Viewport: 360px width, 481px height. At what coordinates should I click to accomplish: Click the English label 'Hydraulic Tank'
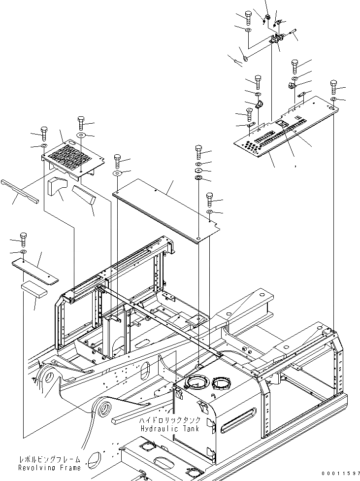[x=170, y=429]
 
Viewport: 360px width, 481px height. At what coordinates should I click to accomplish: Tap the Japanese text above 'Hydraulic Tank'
[x=170, y=420]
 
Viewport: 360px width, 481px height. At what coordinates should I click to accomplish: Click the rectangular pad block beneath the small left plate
[x=34, y=289]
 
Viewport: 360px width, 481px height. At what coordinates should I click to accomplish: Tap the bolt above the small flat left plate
[x=23, y=239]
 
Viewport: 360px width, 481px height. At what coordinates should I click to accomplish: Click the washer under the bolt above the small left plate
[x=23, y=252]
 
